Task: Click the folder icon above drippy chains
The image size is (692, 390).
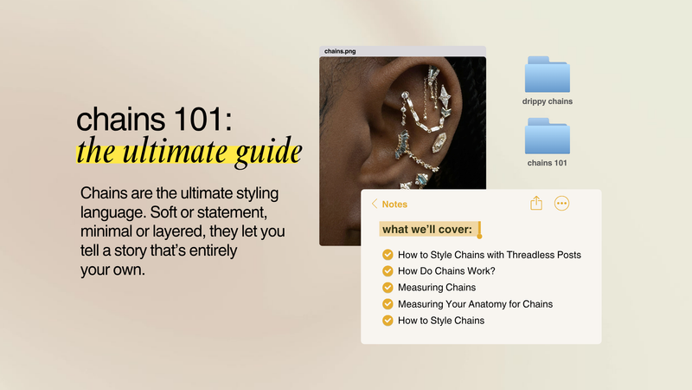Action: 547,75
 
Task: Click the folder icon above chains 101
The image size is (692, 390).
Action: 547,136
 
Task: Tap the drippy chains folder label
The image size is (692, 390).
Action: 547,101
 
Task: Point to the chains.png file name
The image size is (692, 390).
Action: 340,51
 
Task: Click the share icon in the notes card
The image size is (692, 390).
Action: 536,203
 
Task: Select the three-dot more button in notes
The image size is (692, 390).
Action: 561,203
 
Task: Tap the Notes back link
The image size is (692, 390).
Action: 390,205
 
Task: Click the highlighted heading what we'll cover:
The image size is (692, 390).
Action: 427,230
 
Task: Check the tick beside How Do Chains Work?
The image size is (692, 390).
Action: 388,271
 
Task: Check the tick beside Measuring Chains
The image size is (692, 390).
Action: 388,288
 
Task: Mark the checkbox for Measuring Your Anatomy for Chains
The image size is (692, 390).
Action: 388,304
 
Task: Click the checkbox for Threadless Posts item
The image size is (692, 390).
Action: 388,255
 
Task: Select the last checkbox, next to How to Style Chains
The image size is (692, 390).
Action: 388,321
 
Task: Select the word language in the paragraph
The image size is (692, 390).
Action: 114,213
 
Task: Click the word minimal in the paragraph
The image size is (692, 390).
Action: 112,233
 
